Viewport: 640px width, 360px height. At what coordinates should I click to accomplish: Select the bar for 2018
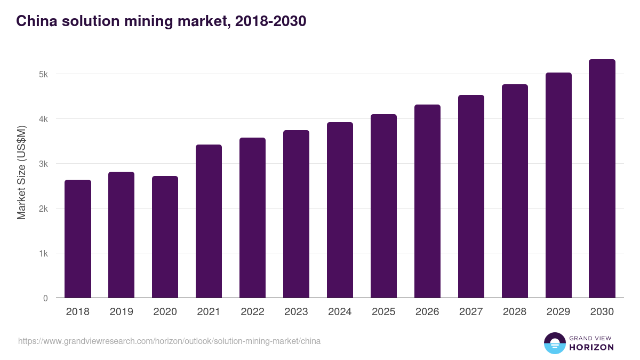pyautogui.click(x=78, y=239)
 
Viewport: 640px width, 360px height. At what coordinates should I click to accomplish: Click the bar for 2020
pyautogui.click(x=165, y=237)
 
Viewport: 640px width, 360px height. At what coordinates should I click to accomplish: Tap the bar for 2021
pyautogui.click(x=209, y=221)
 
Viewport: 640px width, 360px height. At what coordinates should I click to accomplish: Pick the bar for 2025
pyautogui.click(x=384, y=206)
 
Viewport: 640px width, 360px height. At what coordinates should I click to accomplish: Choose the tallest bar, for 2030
pyautogui.click(x=602, y=179)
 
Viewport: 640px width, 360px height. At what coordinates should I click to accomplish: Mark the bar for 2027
pyautogui.click(x=471, y=196)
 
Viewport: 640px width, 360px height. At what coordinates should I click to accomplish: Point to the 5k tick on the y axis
pyautogui.click(x=43, y=74)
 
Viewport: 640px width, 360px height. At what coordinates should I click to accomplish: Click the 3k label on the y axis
pyautogui.click(x=43, y=164)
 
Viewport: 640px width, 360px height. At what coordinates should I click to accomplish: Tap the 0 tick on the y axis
pyautogui.click(x=45, y=298)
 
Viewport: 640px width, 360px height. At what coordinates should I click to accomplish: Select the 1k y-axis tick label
pyautogui.click(x=43, y=253)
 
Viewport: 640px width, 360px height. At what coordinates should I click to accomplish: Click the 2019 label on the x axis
pyautogui.click(x=122, y=312)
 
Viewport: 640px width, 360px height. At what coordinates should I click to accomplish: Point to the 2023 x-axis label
pyautogui.click(x=296, y=312)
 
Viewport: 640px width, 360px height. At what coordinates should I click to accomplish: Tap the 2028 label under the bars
pyautogui.click(x=515, y=312)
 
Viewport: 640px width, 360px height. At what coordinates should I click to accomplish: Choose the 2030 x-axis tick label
pyautogui.click(x=602, y=312)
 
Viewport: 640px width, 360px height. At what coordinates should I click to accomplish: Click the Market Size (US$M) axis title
pyautogui.click(x=22, y=172)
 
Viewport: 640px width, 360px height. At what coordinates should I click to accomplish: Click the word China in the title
pyautogui.click(x=35, y=21)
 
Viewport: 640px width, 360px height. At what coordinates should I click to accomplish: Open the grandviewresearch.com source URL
pyautogui.click(x=170, y=341)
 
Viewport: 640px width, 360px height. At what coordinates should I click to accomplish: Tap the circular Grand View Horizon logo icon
pyautogui.click(x=554, y=343)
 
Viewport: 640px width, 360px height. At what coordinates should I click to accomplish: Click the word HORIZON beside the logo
pyautogui.click(x=591, y=347)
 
